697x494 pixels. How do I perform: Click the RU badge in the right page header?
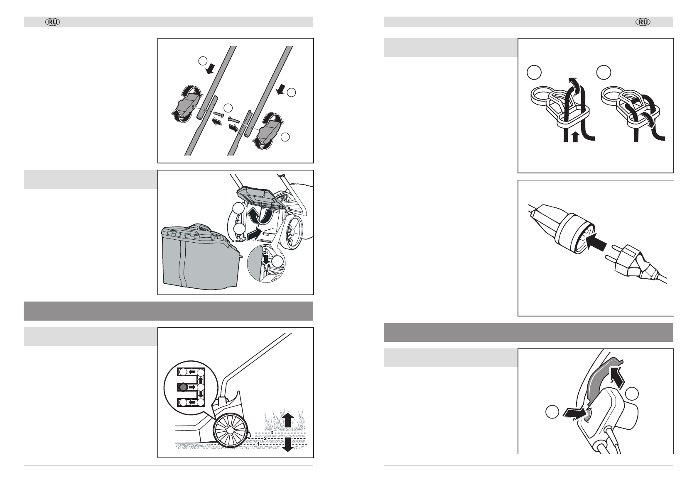tap(643, 22)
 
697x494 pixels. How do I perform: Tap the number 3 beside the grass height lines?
tap(271, 432)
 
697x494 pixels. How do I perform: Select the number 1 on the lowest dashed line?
tap(259, 444)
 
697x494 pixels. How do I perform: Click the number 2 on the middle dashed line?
tap(265, 438)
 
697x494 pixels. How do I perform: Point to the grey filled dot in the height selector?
tap(183, 387)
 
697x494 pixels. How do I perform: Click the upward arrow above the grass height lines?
tap(287, 420)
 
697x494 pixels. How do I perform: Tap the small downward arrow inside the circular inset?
tap(267, 259)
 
